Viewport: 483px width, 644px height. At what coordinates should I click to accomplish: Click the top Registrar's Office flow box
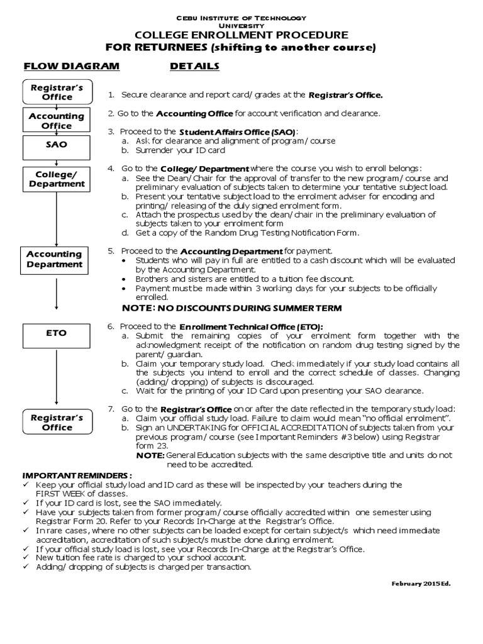click(x=57, y=92)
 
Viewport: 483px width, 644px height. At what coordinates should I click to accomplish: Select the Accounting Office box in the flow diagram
click(x=57, y=121)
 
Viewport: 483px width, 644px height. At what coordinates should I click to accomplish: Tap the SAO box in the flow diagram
click(x=57, y=144)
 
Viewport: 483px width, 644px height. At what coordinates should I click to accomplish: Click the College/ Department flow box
click(x=57, y=179)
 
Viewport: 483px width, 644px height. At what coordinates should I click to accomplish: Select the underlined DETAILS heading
click(x=194, y=66)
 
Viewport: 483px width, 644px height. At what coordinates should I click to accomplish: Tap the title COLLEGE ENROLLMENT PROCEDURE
click(x=241, y=35)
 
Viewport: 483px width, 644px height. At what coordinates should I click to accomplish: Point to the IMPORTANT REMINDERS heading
click(x=78, y=475)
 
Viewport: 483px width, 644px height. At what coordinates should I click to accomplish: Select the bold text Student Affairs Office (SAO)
click(x=237, y=131)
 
